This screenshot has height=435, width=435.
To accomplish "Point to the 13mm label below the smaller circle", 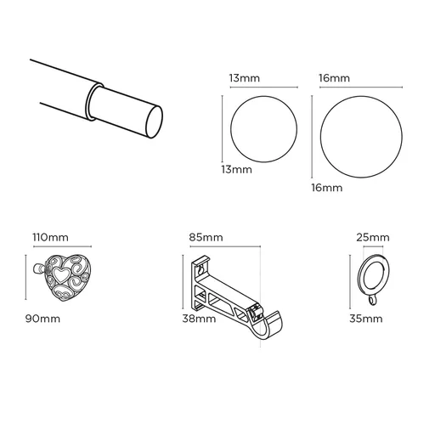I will (x=236, y=169).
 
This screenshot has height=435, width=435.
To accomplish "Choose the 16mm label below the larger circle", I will (x=327, y=186).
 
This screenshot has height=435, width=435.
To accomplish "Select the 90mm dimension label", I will (x=42, y=319).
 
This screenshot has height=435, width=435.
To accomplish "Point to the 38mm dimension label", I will (x=199, y=319).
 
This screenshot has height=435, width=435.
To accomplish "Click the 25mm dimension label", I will (x=373, y=237).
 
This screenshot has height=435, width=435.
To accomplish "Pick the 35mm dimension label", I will (x=366, y=319).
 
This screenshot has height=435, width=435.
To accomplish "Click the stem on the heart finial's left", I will (x=39, y=269).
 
